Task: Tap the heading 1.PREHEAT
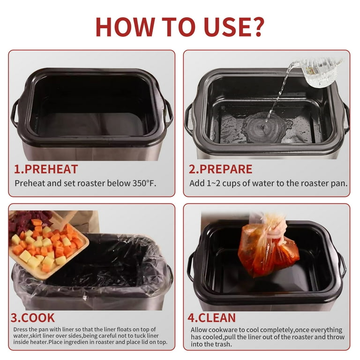click(x=46, y=169)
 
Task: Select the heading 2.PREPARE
click(x=220, y=169)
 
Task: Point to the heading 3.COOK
click(x=33, y=318)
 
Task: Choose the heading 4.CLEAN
click(x=212, y=318)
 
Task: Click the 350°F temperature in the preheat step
click(x=144, y=183)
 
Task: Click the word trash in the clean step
click(x=222, y=344)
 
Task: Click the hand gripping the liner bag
click(x=278, y=230)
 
